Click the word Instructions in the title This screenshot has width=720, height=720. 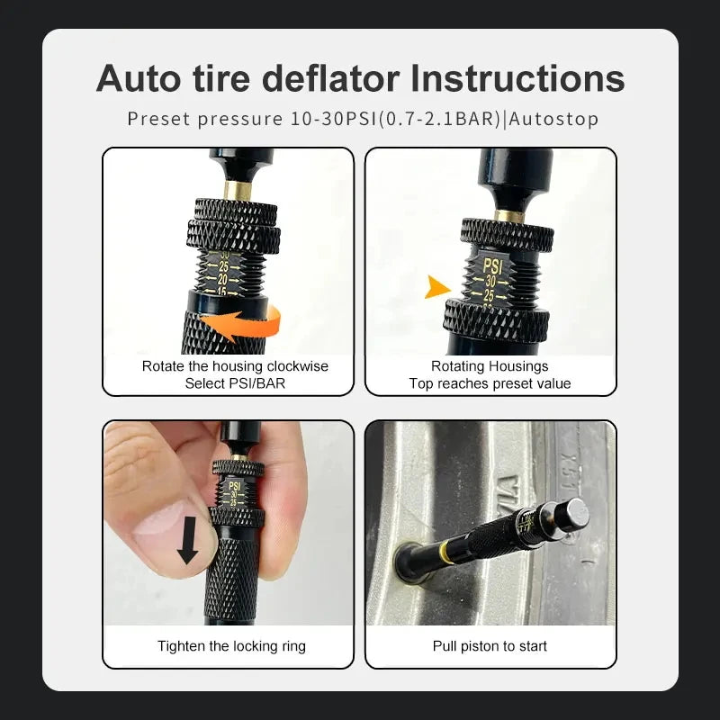point(517,78)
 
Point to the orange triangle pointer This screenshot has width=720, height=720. point(437,287)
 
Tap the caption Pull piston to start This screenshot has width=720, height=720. point(490,646)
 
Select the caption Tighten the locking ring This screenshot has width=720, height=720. point(231,646)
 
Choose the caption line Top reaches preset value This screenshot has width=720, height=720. point(490,383)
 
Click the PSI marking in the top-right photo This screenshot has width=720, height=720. point(492,265)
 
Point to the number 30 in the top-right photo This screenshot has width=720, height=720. point(490,281)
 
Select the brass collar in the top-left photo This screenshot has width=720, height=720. point(238,190)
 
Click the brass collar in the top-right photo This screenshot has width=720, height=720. point(508,215)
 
